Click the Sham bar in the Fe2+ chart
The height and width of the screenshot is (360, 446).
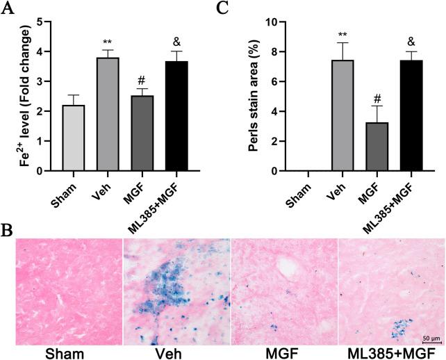pos(70,138)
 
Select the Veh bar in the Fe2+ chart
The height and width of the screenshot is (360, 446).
pos(108,115)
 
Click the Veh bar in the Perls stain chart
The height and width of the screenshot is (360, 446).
pos(343,115)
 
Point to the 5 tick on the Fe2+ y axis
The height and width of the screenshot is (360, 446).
pos(43,22)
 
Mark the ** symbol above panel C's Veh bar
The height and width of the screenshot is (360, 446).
pos(343,34)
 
